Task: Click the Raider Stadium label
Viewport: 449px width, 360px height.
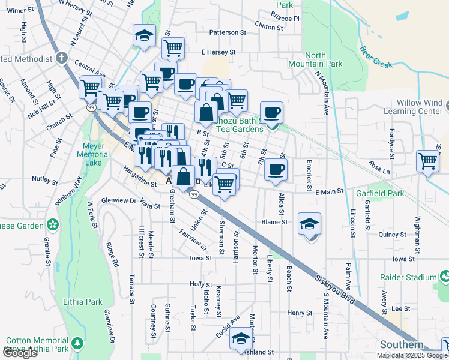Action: [x=408, y=277]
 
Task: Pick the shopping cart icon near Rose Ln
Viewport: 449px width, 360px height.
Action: [x=428, y=160]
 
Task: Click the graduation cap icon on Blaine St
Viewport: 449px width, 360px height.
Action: [x=309, y=223]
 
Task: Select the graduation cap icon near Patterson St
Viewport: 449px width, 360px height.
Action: [x=144, y=35]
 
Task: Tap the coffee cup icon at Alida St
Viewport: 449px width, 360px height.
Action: [x=276, y=169]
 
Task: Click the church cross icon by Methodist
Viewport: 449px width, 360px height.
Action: [x=61, y=59]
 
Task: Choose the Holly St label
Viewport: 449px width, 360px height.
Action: [x=201, y=284]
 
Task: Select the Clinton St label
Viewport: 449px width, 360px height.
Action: [x=268, y=26]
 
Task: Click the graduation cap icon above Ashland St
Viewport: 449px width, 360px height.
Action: [x=241, y=338]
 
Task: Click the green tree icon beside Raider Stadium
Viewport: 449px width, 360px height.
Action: [x=445, y=277]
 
